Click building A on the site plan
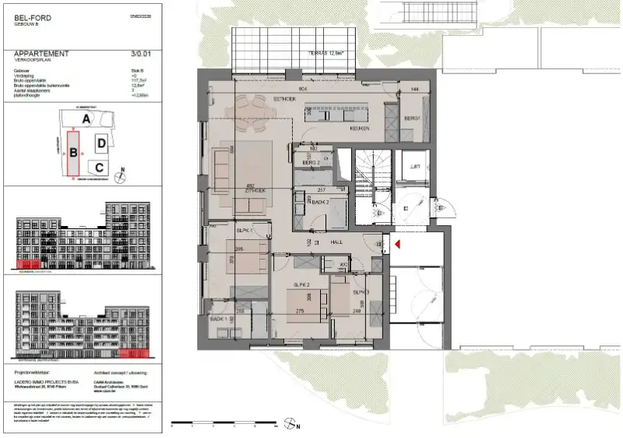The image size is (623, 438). coord(88,118)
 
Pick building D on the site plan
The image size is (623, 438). coord(101,143)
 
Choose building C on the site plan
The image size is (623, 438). coord(97,167)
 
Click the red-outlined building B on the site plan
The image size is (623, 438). coord(73,154)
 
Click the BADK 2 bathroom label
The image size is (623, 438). coord(318,202)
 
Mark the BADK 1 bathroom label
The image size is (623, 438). coord(219,320)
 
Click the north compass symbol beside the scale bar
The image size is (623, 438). coord(290,425)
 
